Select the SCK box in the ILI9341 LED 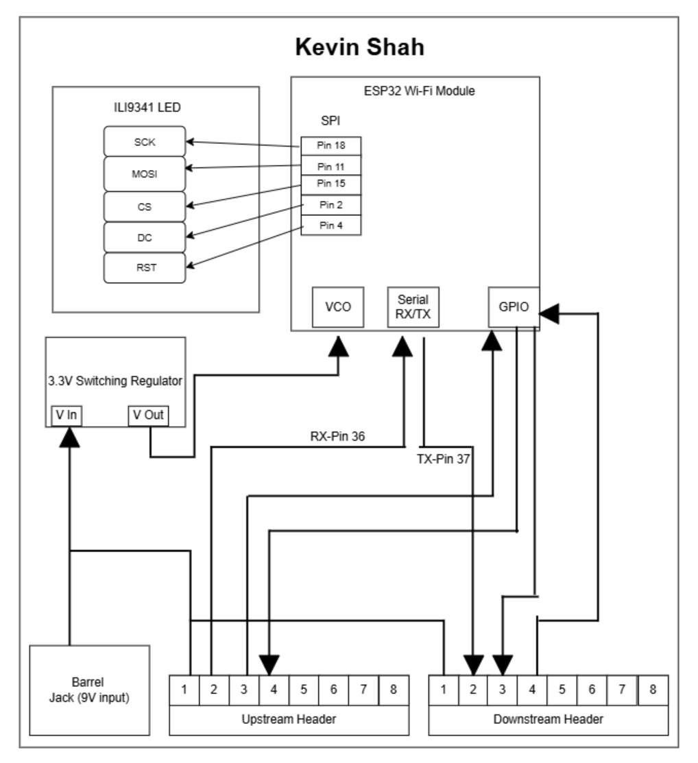pyautogui.click(x=145, y=141)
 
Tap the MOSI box pyautogui.click(x=145, y=173)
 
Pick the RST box pyautogui.click(x=145, y=267)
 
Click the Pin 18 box pyautogui.click(x=331, y=146)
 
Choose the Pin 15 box pyautogui.click(x=331, y=184)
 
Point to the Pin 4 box pyautogui.click(x=331, y=224)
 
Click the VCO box pyautogui.click(x=337, y=307)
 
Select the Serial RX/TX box pyautogui.click(x=413, y=306)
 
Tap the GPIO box pyautogui.click(x=514, y=307)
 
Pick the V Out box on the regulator pyautogui.click(x=148, y=415)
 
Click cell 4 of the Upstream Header pyautogui.click(x=274, y=689)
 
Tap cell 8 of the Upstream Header pyautogui.click(x=393, y=689)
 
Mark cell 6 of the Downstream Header pyautogui.click(x=592, y=689)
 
